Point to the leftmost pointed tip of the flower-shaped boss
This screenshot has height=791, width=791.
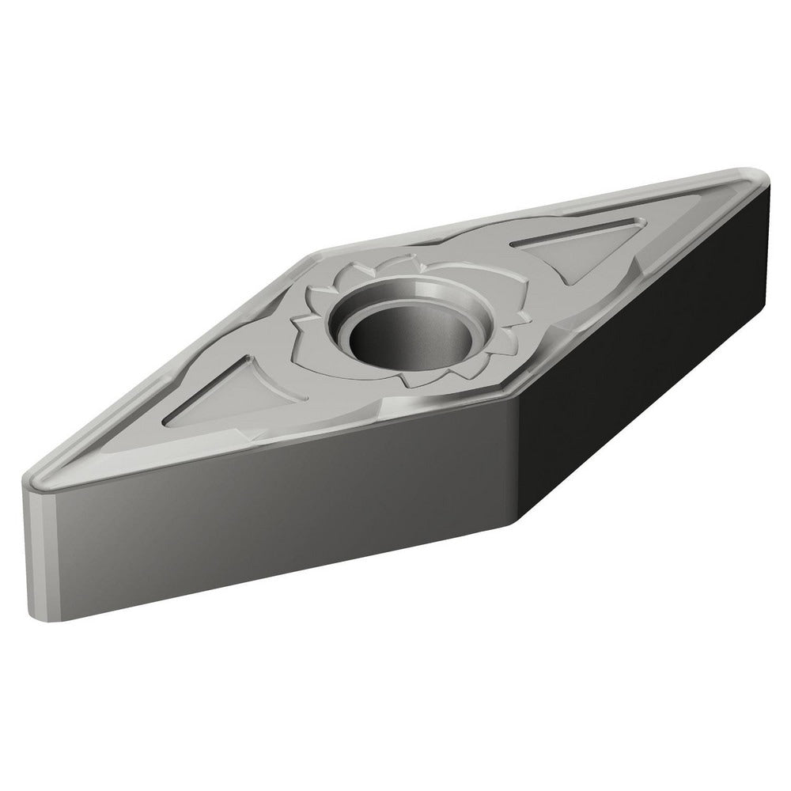[294, 322]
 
